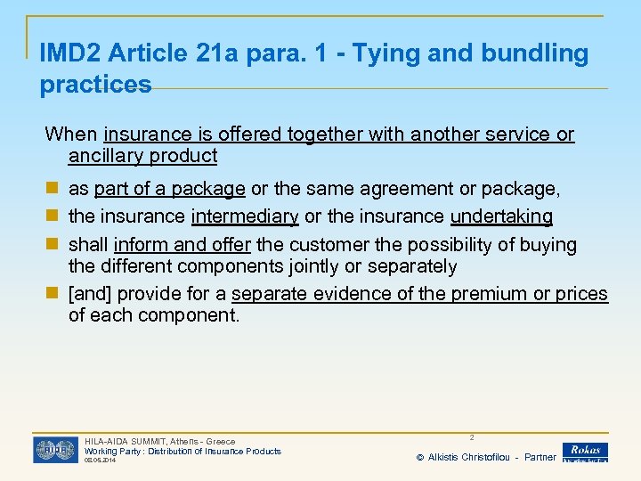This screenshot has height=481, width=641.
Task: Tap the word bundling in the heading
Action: click(x=530, y=54)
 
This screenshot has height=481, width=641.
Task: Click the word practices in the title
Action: click(x=96, y=86)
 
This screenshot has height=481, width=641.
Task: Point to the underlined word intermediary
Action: click(x=245, y=216)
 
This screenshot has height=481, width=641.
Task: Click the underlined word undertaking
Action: click(x=501, y=216)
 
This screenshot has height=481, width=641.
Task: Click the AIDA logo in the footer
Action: click(x=55, y=450)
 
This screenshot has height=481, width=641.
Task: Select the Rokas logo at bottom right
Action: click(x=585, y=452)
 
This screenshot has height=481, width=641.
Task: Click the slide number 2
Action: click(x=472, y=437)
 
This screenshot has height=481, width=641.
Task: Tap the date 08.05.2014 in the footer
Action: click(x=99, y=461)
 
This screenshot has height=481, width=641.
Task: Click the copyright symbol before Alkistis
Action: click(x=420, y=458)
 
